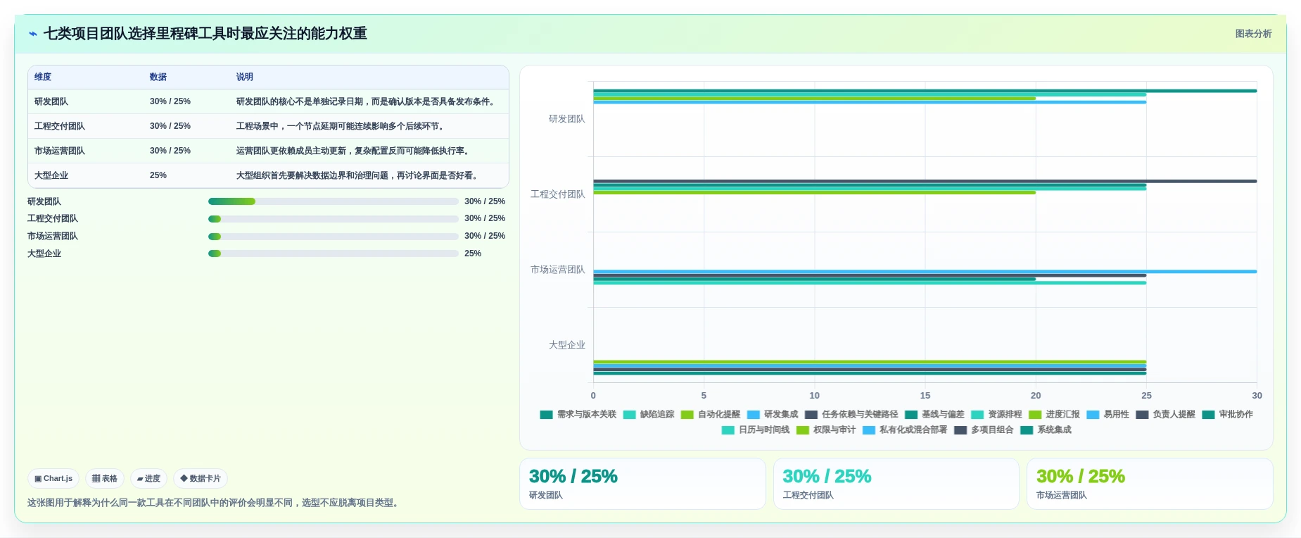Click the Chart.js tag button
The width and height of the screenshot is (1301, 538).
53,478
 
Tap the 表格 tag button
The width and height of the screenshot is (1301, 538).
105,478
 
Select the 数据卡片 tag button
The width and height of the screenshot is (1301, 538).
201,478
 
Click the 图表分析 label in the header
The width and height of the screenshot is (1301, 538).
1253,34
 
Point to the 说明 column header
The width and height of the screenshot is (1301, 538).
244,77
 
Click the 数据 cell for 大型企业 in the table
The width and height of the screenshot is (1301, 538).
158,175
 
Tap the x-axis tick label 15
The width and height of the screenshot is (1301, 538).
925,396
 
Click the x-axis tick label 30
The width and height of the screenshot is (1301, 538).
1257,396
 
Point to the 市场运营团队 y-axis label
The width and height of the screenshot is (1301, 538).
557,270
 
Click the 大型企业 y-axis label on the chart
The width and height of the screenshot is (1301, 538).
566,345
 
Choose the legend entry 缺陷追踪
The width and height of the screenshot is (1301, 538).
649,414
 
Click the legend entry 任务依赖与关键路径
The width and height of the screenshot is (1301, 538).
851,414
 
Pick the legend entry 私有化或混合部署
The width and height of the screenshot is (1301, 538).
905,430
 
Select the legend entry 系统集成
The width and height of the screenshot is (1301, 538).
1046,430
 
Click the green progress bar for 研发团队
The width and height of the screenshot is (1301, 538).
231,201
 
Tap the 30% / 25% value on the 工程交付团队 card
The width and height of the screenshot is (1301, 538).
827,477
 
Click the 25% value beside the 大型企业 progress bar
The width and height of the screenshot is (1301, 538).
473,254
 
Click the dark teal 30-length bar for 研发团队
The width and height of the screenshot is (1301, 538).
925,91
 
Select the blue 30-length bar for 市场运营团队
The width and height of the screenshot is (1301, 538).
925,271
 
